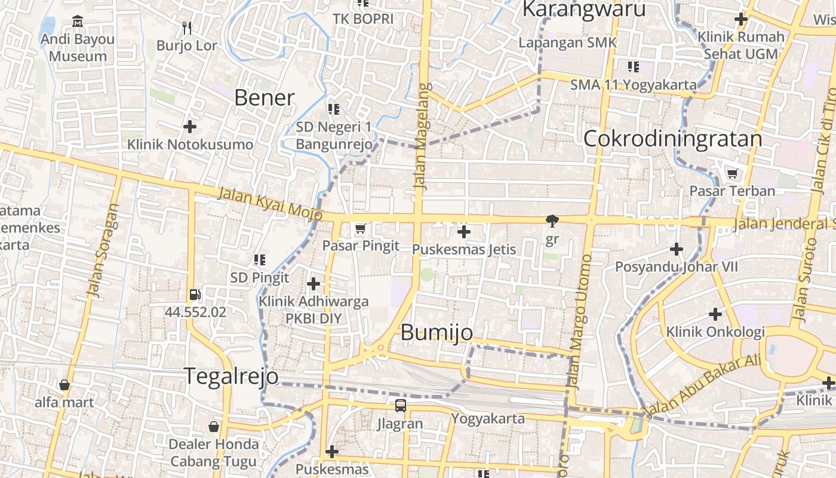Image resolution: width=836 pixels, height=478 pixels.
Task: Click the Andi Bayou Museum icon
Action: [78, 22]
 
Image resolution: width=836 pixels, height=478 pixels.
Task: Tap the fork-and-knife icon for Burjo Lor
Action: [187, 27]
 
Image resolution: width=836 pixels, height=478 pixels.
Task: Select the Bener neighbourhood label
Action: [264, 97]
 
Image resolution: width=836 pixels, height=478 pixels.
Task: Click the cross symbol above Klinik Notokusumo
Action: [190, 127]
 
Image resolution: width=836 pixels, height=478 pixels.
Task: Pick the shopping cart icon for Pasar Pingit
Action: [360, 228]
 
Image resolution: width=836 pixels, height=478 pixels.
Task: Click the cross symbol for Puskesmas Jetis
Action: [463, 231]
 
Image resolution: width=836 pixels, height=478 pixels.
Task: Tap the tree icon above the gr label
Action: [552, 221]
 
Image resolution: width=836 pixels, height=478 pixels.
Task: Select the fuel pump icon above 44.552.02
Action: [195, 294]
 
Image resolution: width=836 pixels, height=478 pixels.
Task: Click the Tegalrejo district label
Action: [230, 376]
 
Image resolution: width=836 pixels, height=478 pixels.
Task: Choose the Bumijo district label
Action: [437, 332]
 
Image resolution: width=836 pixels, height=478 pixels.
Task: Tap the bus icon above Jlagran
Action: [400, 406]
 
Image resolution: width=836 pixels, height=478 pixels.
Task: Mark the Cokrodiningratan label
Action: [672, 139]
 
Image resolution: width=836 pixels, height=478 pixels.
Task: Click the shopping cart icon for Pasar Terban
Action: [732, 174]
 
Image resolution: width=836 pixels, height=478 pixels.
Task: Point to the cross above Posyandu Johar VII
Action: [677, 249]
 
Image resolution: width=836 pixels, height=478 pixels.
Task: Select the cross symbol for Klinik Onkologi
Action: [715, 314]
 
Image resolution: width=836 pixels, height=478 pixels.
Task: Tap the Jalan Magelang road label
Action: [422, 136]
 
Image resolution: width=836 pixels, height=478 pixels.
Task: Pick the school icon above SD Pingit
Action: [259, 260]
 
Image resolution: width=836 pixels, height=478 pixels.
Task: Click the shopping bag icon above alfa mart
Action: [64, 385]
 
